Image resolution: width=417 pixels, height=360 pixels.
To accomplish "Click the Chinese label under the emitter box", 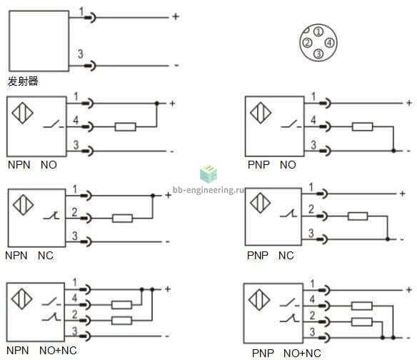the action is click(x=23, y=81).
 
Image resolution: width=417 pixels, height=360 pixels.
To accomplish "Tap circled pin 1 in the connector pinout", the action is click(x=318, y=31).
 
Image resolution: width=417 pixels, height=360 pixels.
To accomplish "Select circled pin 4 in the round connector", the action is click(x=329, y=43).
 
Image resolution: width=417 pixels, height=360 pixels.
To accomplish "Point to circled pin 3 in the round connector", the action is click(x=318, y=54).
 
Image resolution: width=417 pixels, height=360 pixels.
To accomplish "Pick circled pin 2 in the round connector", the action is click(x=307, y=43).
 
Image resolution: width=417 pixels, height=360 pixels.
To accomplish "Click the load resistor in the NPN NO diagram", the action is click(x=125, y=127).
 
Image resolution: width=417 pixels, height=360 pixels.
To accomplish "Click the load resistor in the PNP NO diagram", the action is click(x=362, y=126).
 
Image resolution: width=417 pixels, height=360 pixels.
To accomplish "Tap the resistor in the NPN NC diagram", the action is click(x=122, y=219).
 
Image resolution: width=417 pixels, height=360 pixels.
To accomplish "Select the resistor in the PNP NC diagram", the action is click(x=358, y=216).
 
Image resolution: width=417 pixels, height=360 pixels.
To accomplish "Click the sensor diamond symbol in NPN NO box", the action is click(x=22, y=113).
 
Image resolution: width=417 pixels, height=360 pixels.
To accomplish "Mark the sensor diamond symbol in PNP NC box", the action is click(x=261, y=203).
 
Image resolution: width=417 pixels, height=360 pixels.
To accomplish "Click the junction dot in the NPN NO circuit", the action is click(x=157, y=104).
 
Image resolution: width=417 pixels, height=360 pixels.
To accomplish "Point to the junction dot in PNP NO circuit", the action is click(x=393, y=151).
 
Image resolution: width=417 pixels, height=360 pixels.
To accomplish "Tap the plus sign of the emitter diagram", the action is click(x=176, y=16).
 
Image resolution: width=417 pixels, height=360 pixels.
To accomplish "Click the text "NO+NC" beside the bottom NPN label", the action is click(x=58, y=351).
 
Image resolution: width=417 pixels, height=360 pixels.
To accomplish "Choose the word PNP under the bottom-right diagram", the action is click(x=263, y=354).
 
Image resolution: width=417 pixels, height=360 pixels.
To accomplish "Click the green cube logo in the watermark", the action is click(x=208, y=174).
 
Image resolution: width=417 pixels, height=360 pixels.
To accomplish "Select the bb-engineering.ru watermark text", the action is click(x=208, y=190).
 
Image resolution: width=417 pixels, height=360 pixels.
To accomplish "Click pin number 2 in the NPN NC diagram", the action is click(x=74, y=212).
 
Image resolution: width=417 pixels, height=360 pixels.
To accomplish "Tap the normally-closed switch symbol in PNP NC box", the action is click(x=288, y=214).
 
